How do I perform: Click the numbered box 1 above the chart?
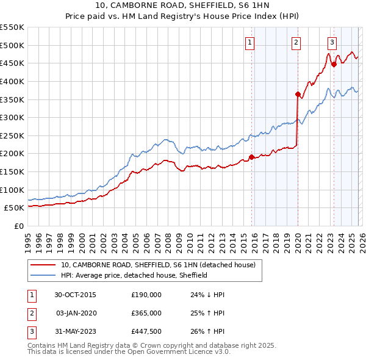point(251,42)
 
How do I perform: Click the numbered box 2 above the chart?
point(296,42)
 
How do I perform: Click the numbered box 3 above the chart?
point(332,42)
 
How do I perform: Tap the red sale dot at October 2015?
point(251,157)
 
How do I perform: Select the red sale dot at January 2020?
point(298,94)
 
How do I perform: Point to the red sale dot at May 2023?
point(334,64)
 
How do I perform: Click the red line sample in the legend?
point(43,265)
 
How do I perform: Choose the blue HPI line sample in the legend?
point(43,275)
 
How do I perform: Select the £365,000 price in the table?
point(146,313)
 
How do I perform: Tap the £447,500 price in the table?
point(146,331)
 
